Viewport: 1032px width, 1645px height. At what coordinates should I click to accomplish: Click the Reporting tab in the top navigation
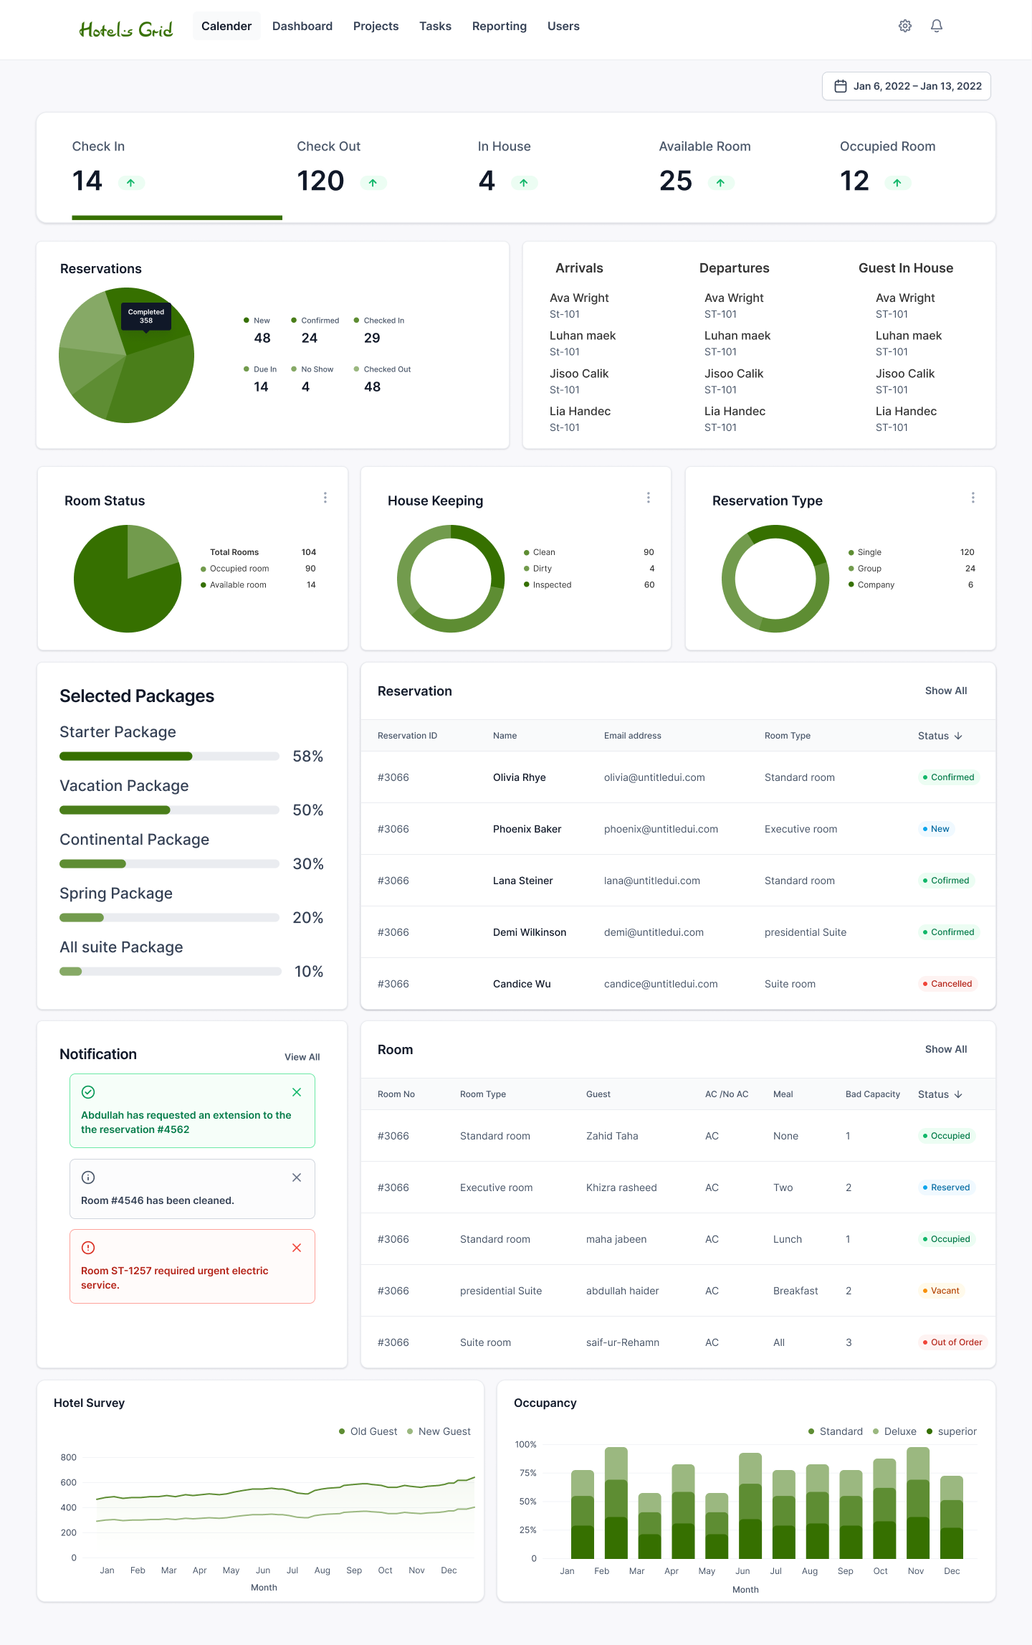click(500, 27)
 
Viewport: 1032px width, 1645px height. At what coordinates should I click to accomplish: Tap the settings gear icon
click(905, 26)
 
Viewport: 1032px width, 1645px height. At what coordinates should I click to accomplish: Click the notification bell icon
click(937, 26)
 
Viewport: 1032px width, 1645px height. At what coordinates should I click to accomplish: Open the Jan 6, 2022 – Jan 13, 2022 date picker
click(907, 86)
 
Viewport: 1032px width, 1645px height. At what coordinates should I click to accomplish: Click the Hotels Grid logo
click(126, 29)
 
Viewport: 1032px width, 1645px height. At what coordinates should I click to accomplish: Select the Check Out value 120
click(320, 181)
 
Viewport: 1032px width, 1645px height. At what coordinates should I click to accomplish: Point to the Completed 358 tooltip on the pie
click(146, 316)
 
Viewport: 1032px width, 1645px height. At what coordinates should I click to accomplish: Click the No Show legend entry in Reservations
click(312, 369)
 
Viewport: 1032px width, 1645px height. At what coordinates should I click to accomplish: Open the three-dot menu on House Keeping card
click(649, 498)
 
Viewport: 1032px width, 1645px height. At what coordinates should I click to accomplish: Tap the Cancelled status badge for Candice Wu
click(947, 984)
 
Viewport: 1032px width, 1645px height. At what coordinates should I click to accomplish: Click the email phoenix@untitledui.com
click(661, 829)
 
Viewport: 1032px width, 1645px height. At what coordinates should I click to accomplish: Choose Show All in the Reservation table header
click(946, 691)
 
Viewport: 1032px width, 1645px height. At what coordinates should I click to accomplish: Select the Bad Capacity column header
click(873, 1094)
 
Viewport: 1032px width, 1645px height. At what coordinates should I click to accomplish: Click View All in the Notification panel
click(302, 1057)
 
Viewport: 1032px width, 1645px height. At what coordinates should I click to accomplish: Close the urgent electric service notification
click(297, 1248)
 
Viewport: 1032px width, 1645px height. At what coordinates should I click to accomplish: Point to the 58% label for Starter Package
click(308, 757)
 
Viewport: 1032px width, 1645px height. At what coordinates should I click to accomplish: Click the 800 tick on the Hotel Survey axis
click(69, 1457)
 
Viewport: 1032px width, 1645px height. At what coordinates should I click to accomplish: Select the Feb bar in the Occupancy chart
click(616, 1503)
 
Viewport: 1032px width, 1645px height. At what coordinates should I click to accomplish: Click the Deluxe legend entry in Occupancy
click(894, 1431)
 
